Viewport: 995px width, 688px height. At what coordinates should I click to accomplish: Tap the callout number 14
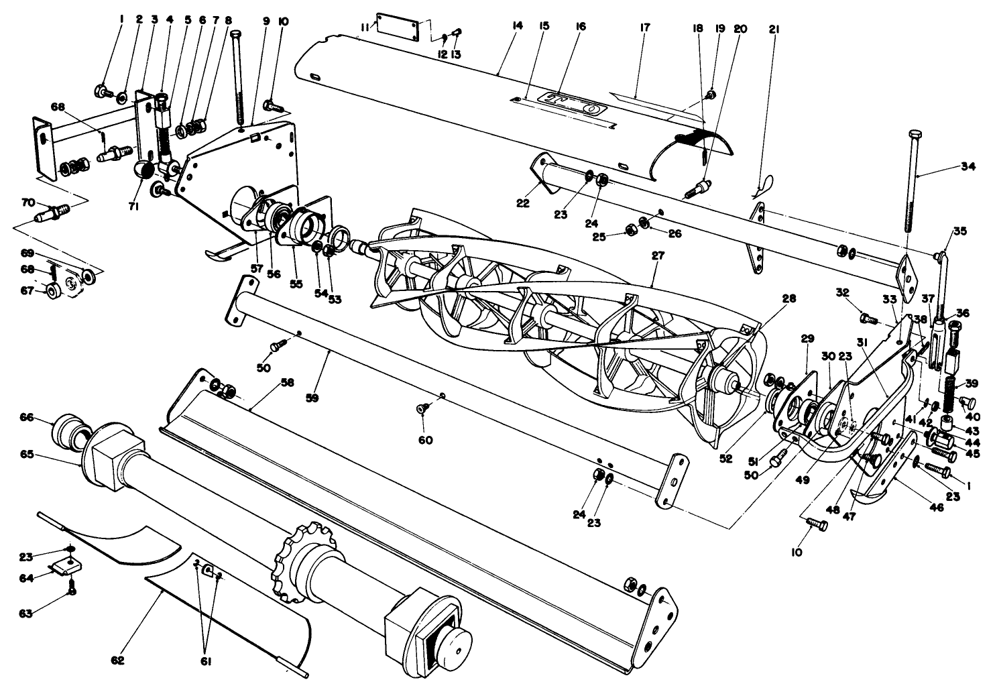[516, 26]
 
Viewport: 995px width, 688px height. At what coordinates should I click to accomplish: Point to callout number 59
[311, 398]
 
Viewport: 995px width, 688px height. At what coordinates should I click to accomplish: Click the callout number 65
[26, 454]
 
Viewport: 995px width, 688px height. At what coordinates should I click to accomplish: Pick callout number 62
[118, 659]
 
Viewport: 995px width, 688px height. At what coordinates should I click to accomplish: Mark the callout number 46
[936, 508]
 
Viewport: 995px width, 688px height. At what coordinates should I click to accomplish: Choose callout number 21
[774, 30]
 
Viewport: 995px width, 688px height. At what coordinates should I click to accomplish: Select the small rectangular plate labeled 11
[398, 26]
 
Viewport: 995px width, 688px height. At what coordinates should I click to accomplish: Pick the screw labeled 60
[422, 408]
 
